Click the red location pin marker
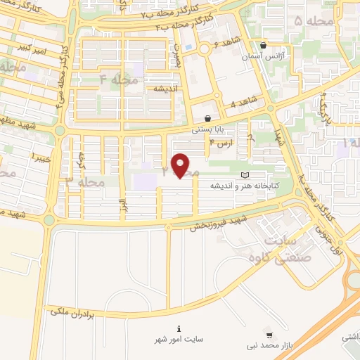181,165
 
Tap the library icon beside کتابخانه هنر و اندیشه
245,175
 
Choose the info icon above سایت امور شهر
179,328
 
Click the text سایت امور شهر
179,340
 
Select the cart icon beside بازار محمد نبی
271,335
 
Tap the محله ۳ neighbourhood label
85,182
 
